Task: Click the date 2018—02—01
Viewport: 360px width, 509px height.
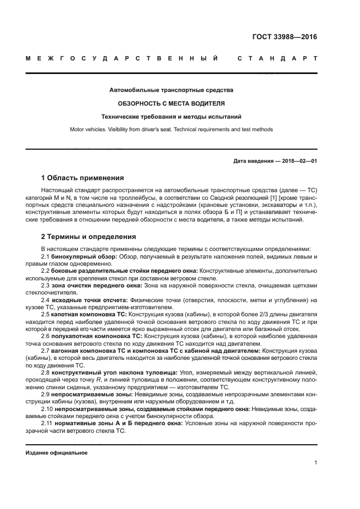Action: click(298, 161)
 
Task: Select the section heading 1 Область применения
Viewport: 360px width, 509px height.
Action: click(82, 178)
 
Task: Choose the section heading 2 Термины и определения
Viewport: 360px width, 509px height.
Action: click(89, 237)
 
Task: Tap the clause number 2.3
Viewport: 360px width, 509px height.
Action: click(46, 285)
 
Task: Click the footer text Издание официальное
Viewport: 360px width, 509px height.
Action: click(56, 452)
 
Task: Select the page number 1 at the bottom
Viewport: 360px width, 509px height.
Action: click(315, 462)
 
